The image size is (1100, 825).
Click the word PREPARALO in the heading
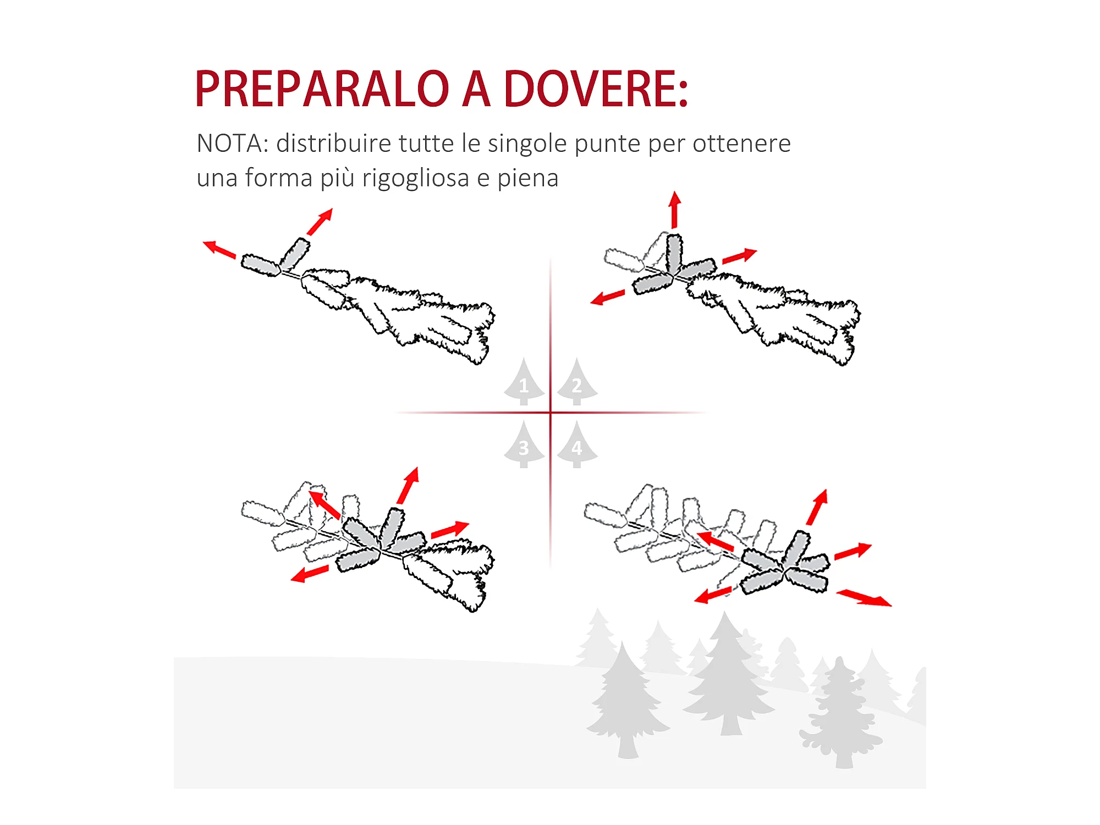(323, 89)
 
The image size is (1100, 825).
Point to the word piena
(528, 178)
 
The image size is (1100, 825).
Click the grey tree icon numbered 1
(524, 382)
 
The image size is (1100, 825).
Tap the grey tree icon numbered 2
(577, 382)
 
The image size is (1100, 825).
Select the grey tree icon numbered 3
(524, 444)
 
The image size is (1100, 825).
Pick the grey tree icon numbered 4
(577, 444)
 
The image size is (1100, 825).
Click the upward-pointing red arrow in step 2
(675, 210)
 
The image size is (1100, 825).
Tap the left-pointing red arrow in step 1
(219, 249)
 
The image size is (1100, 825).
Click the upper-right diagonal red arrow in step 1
(320, 221)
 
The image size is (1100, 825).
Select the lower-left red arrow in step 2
(608, 297)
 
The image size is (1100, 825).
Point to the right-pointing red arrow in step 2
(740, 256)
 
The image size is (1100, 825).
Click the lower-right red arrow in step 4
(864, 598)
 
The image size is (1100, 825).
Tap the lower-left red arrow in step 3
(310, 574)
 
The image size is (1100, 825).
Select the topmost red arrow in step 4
(817, 507)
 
